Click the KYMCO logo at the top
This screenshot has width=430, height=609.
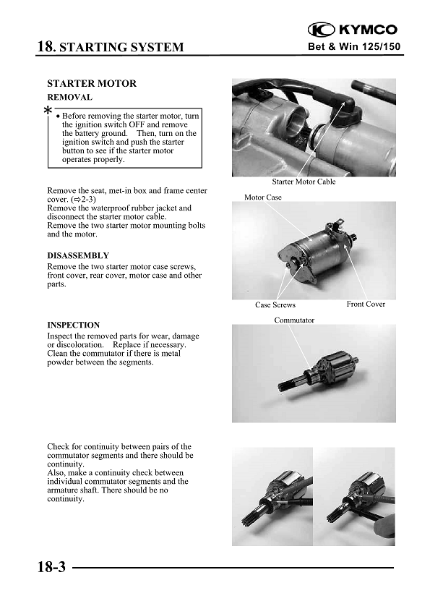point(353,30)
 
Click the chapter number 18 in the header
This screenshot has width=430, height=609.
point(45,47)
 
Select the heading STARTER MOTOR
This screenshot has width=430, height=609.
point(92,84)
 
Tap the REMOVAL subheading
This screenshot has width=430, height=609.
point(69,97)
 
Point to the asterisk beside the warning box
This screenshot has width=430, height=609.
point(48,111)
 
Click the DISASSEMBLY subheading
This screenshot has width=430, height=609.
point(78,256)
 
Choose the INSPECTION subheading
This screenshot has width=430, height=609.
point(73,325)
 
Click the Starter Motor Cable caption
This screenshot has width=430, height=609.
point(304,182)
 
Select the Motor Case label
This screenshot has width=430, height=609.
point(263,197)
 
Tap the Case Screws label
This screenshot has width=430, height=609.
point(275,304)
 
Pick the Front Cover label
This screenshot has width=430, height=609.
point(366,304)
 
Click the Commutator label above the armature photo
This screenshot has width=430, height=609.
point(294,320)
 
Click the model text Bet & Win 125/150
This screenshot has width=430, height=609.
point(353,48)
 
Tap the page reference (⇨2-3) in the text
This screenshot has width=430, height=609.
point(81,198)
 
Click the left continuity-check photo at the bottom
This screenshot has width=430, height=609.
point(272,496)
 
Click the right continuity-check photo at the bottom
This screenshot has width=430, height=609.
point(356,496)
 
